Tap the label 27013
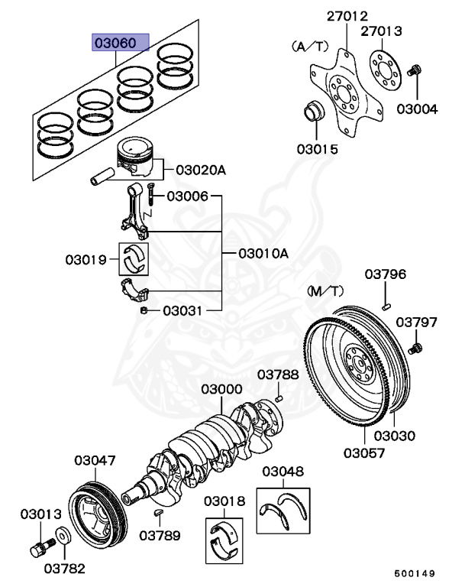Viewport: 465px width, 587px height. (x=402, y=31)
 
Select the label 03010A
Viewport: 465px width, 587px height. (x=263, y=253)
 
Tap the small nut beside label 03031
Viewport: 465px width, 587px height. (x=144, y=310)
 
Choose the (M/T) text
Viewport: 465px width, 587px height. (x=326, y=291)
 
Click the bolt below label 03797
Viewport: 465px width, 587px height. (x=415, y=349)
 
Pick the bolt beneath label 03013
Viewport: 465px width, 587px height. (x=39, y=547)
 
